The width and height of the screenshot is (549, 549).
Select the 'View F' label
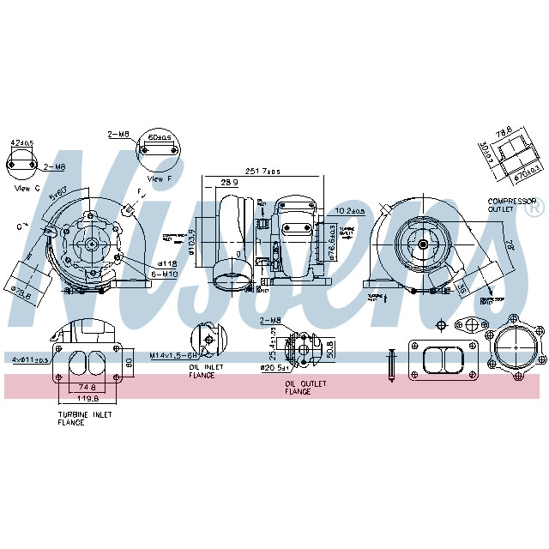[157, 179]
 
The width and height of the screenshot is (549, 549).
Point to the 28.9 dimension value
[229, 183]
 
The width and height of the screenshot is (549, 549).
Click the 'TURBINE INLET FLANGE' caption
[84, 419]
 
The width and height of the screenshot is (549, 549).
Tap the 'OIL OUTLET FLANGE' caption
[298, 388]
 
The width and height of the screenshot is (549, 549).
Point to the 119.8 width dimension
[83, 398]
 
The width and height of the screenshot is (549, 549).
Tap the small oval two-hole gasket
[469, 325]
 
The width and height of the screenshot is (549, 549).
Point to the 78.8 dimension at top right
[504, 130]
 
